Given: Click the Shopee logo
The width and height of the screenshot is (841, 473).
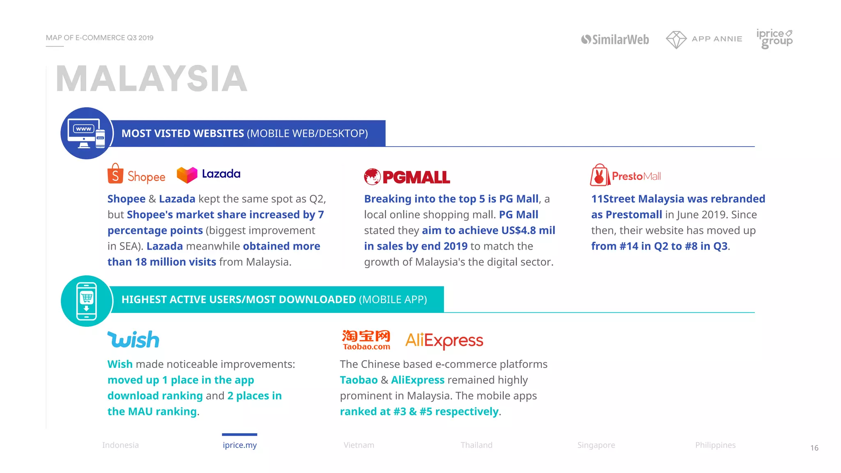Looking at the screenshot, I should coord(136,175).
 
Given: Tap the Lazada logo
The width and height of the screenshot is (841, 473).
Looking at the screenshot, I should coord(209,175).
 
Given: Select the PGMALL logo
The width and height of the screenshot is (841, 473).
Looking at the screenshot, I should coord(407,177).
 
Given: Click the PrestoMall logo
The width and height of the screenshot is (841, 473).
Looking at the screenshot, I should coord(625,176).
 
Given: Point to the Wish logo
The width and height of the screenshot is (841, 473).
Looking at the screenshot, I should coord(133,340).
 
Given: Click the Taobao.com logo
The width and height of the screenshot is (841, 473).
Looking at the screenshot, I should coord(366,340).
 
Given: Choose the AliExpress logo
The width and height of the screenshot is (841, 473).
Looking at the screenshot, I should coord(444,340).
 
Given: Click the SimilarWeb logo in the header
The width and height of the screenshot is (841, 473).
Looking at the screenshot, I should coord(615,39).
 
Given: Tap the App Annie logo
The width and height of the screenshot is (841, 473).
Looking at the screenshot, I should coord(704,39).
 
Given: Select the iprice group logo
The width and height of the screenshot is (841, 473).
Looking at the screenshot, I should coord(774,39).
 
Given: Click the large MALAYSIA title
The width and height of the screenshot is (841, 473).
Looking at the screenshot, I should coord(152,79).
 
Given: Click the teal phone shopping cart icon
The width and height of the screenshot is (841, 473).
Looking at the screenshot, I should coord(86,301).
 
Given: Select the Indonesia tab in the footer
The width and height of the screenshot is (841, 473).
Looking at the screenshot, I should coord(120,445).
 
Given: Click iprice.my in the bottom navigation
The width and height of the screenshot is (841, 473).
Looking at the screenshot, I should coord(239,445).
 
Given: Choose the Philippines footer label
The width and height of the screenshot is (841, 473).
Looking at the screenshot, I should coord(715,445).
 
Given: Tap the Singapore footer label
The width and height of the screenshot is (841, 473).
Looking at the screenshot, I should coord(596,445).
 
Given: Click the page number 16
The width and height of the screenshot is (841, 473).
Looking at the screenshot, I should coord(814,448).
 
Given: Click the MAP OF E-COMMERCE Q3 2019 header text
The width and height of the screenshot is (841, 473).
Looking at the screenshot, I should coord(99,38).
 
